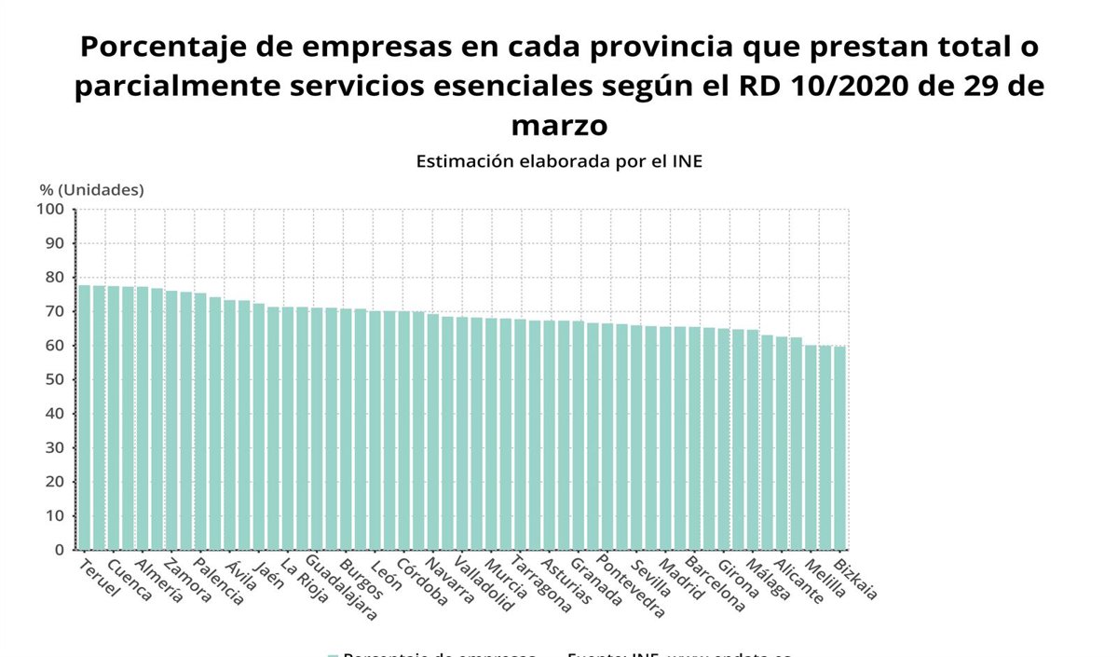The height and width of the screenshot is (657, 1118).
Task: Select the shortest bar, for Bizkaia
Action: pyautogui.click(x=840, y=447)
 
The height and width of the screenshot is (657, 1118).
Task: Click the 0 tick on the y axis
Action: pyautogui.click(x=58, y=550)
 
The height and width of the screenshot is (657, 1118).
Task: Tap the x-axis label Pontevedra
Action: pyautogui.click(x=631, y=588)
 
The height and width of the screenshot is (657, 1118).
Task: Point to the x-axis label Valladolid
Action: pyautogui.click(x=484, y=584)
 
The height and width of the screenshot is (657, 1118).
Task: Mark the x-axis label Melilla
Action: pyautogui.click(x=825, y=579)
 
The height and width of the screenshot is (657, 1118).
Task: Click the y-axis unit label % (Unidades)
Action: pyautogui.click(x=91, y=190)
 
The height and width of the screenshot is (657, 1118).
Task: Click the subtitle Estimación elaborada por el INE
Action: pyautogui.click(x=559, y=161)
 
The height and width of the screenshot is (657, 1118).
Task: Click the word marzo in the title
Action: pyautogui.click(x=559, y=124)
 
